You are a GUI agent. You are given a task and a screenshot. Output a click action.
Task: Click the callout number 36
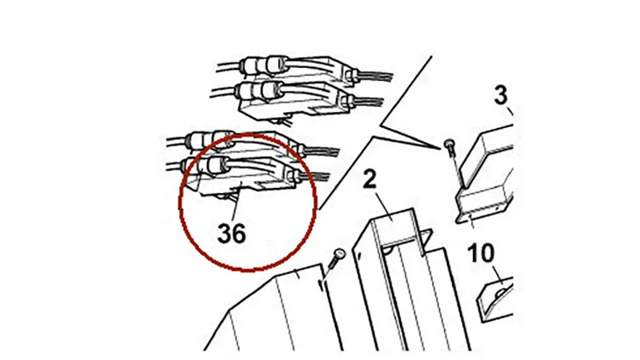[x=231, y=234]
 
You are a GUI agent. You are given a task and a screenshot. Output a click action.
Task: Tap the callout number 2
[x=370, y=179]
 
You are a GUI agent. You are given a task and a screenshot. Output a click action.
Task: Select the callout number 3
[x=501, y=95]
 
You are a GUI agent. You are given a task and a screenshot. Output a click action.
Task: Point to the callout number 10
[x=481, y=253]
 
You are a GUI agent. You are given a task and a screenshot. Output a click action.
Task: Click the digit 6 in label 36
[x=238, y=234]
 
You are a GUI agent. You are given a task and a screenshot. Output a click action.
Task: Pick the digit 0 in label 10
[x=487, y=253]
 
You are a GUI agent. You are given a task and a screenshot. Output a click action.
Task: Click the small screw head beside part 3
[x=450, y=144]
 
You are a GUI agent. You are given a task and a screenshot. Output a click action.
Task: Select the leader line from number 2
[x=384, y=206]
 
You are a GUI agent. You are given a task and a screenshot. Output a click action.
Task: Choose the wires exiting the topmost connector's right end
[x=374, y=76]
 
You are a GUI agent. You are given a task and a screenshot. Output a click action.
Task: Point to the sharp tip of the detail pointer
[x=441, y=148]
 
